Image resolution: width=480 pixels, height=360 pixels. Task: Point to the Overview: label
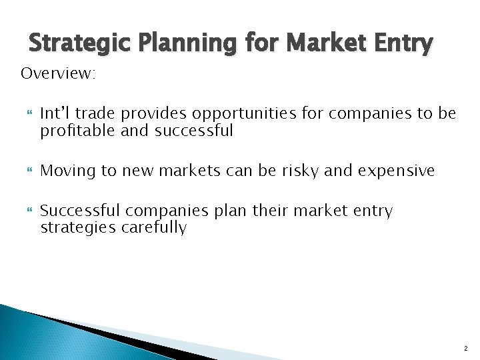coord(59,73)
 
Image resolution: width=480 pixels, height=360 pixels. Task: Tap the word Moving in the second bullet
coord(67,171)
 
